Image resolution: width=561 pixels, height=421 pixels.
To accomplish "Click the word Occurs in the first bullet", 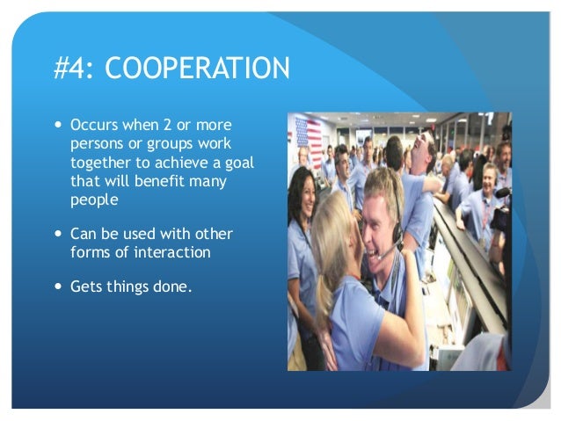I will (92, 124).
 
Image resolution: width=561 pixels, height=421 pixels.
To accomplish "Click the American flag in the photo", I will (308, 140).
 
